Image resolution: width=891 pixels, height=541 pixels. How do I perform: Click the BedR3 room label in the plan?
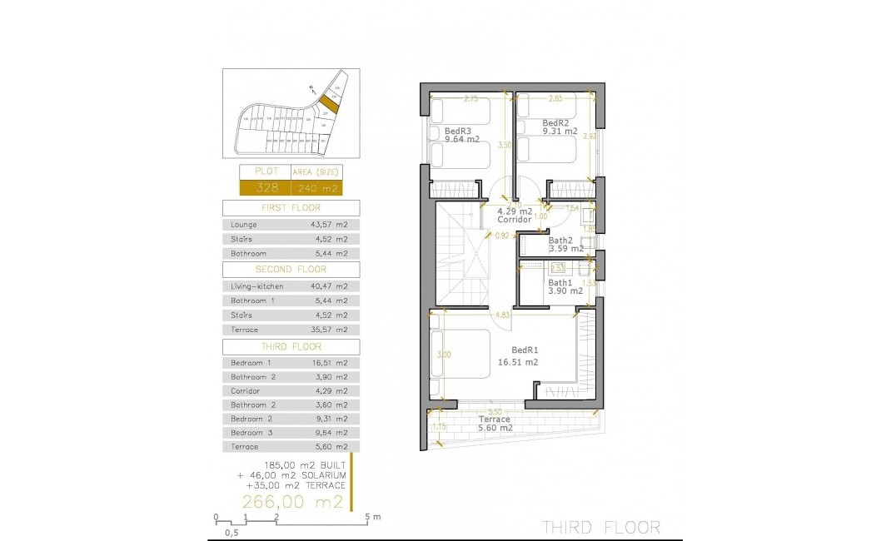458,131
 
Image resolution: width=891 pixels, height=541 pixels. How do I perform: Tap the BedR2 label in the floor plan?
556,122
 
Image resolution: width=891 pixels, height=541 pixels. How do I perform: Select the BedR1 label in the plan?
525,350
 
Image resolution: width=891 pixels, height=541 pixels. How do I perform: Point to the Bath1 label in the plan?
560,282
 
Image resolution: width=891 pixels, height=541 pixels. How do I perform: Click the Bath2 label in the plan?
560,241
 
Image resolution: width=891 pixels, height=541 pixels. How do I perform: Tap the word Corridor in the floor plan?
516,221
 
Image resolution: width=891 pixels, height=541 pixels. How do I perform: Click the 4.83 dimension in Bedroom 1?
502,315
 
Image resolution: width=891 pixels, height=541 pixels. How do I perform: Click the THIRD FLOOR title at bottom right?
601,527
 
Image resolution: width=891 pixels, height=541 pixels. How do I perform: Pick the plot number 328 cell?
265,188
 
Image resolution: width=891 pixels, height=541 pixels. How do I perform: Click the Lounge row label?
244,225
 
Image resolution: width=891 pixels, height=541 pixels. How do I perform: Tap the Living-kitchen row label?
257,286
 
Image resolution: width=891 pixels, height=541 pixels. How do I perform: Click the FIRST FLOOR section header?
291,208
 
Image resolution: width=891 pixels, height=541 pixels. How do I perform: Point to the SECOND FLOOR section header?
291,270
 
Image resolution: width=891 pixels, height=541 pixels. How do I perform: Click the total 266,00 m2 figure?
291,502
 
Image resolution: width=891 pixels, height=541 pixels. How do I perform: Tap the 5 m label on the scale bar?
372,517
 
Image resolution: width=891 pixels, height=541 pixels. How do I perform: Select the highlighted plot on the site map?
330,105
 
